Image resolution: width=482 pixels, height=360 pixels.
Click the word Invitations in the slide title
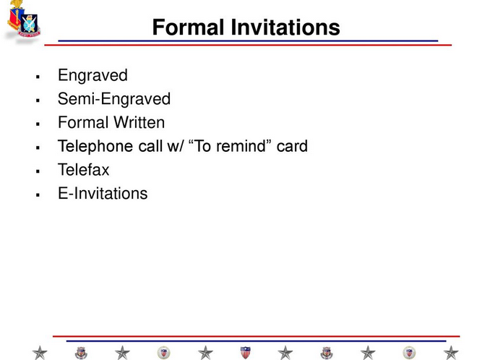tap(285, 27)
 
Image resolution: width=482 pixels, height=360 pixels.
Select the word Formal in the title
tap(188, 27)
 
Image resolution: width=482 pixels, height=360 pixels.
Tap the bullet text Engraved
tap(92, 76)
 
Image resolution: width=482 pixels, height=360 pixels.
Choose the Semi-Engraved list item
tap(114, 99)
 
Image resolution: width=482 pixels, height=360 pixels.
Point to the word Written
tap(139, 122)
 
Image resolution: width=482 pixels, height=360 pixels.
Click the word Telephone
tap(95, 146)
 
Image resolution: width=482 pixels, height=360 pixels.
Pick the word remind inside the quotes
tap(240, 146)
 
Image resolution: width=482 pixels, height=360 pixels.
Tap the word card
tap(292, 146)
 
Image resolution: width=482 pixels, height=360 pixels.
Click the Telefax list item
tap(84, 170)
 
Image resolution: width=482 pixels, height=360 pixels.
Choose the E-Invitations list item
tap(103, 193)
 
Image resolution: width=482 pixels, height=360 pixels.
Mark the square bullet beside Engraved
tap(38, 77)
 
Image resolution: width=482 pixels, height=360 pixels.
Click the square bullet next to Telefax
tap(38, 171)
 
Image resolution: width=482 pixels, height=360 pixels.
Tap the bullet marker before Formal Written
tap(38, 124)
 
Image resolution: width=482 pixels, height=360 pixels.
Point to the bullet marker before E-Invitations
tap(38, 195)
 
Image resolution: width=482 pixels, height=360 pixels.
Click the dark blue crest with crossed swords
tap(29, 25)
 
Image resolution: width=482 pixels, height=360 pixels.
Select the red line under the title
tap(248, 46)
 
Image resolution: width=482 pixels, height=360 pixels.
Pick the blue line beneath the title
tap(248, 41)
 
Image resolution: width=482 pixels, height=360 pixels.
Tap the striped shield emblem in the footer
tap(245, 352)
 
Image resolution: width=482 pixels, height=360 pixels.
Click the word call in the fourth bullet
tap(150, 146)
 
